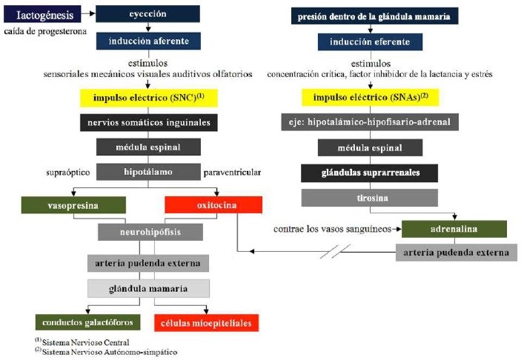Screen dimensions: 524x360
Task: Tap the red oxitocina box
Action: tap(214, 204)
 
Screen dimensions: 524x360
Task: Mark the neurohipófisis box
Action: tap(149, 232)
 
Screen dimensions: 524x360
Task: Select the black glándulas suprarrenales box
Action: tap(370, 173)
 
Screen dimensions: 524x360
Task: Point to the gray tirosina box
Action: tap(370, 198)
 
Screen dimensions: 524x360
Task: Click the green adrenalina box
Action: tap(454, 229)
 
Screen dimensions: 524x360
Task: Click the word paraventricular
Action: tap(233, 173)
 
